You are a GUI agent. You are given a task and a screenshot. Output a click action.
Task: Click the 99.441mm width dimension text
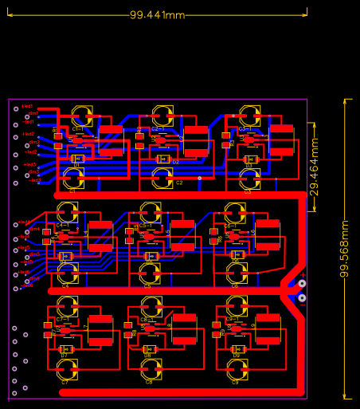click(x=157, y=15)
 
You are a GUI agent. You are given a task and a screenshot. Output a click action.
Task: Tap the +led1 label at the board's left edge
click(x=27, y=106)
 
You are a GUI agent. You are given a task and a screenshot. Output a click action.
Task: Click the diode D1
click(x=77, y=159)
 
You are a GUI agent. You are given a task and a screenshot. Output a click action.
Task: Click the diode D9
click(x=236, y=349)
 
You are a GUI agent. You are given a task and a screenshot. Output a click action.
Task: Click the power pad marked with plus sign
click(x=302, y=283)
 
